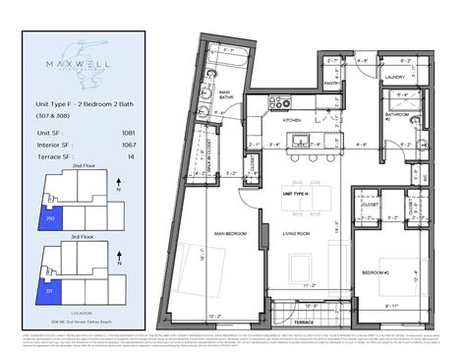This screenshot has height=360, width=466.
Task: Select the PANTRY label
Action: [x=333, y=85]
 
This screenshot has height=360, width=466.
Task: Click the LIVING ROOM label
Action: [x=296, y=234]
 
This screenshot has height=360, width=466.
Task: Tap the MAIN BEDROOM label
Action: [x=229, y=234]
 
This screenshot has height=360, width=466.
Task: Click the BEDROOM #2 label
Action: [x=378, y=271]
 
